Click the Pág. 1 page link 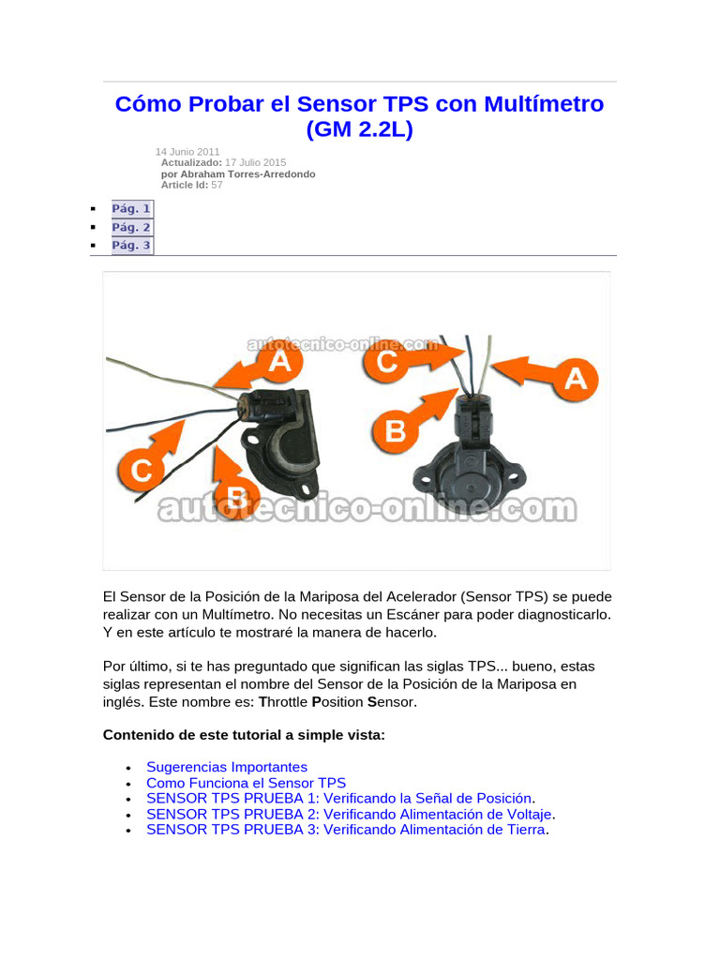[x=131, y=209]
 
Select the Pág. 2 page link [x=131, y=228]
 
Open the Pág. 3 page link [x=131, y=246]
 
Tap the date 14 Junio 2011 [x=187, y=152]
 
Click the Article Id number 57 [x=217, y=186]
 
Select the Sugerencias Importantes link [x=227, y=767]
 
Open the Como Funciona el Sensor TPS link [x=246, y=783]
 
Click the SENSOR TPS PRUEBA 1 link [x=339, y=798]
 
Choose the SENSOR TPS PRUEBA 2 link [x=349, y=814]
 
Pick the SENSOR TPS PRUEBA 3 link [x=345, y=830]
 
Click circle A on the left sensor [x=279, y=362]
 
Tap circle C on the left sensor [x=141, y=469]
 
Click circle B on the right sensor [x=396, y=430]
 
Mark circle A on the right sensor [x=574, y=378]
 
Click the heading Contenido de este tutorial [x=244, y=736]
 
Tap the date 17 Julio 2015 [x=256, y=163]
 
